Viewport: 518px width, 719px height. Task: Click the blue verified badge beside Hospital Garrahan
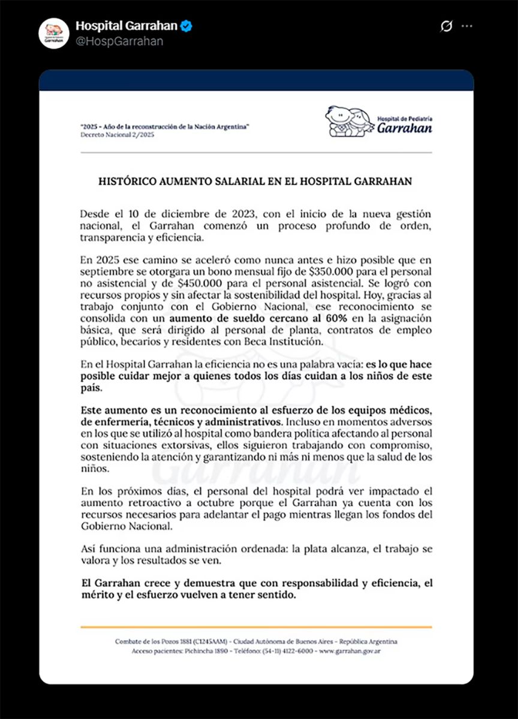[187, 26]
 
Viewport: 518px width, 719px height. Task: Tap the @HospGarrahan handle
[119, 41]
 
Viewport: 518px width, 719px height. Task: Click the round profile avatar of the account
[54, 33]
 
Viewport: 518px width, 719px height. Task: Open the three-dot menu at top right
[466, 26]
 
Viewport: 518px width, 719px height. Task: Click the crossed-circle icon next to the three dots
[445, 26]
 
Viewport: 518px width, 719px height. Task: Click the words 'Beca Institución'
[290, 342]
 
